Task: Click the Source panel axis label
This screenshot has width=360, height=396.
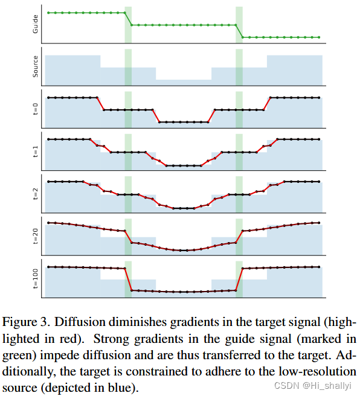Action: tap(35, 66)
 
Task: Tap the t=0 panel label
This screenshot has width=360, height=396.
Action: tap(35, 109)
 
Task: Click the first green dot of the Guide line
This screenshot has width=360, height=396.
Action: tap(48, 12)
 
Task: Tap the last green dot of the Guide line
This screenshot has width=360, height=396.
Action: tap(318, 37)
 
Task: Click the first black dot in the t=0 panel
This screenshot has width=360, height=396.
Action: tap(48, 97)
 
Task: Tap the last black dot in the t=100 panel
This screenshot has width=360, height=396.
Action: tap(318, 267)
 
